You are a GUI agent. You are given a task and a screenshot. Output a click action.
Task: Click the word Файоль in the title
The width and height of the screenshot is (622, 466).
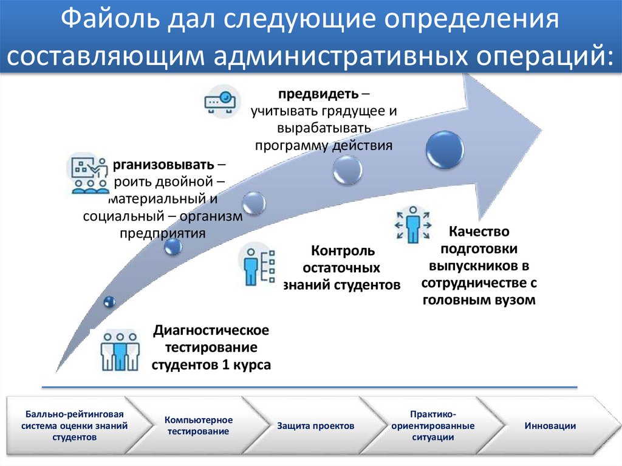tap(113, 22)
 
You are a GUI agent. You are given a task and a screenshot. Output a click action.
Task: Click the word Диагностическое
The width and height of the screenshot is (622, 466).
tap(211, 331)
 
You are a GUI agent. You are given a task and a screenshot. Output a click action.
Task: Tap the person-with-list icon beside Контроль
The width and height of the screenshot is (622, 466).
tap(258, 265)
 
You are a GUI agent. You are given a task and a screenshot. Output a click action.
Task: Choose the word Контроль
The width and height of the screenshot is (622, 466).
tap(343, 251)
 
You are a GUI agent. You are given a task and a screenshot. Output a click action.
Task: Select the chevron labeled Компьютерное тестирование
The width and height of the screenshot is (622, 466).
tap(198, 426)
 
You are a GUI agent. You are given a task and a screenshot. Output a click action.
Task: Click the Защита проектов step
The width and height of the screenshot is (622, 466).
tap(315, 426)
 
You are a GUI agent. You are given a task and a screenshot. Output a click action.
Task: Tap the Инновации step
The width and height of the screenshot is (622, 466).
tap(550, 426)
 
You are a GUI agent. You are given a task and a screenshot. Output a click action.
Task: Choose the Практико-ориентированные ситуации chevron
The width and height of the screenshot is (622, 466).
tap(432, 426)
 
